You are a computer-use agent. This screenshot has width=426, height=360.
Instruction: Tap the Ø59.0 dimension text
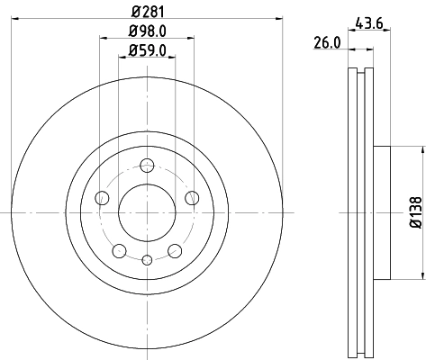[147, 53]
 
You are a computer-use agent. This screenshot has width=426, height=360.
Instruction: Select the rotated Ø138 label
[416, 212]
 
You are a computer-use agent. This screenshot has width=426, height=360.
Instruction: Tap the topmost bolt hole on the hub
[147, 165]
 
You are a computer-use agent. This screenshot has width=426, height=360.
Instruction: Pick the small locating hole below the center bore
[147, 259]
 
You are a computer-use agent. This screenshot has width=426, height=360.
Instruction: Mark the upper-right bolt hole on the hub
[191, 197]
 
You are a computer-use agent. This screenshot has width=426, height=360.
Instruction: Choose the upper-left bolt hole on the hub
[103, 197]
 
